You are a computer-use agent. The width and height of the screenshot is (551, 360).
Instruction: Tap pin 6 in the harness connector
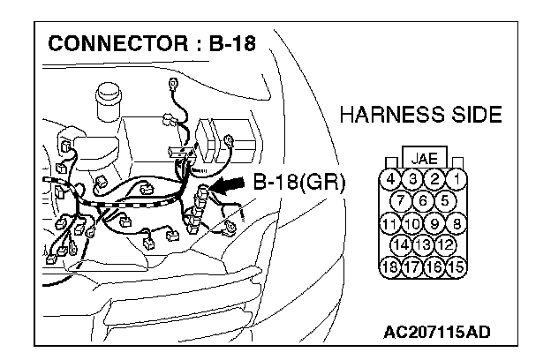[x=423, y=201]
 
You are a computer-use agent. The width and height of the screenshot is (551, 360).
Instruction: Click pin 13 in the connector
[x=423, y=244]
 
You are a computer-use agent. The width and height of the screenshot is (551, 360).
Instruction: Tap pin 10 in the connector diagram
[x=411, y=222]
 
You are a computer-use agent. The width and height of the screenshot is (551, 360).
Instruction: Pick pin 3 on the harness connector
[x=411, y=180]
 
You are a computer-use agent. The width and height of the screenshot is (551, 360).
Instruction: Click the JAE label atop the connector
[x=423, y=160]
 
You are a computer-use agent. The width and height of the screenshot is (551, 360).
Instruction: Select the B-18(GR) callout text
[x=298, y=183]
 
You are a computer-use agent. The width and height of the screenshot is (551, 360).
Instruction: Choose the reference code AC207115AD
[x=437, y=332]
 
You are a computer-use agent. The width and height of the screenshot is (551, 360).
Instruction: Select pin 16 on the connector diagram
[x=434, y=265]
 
